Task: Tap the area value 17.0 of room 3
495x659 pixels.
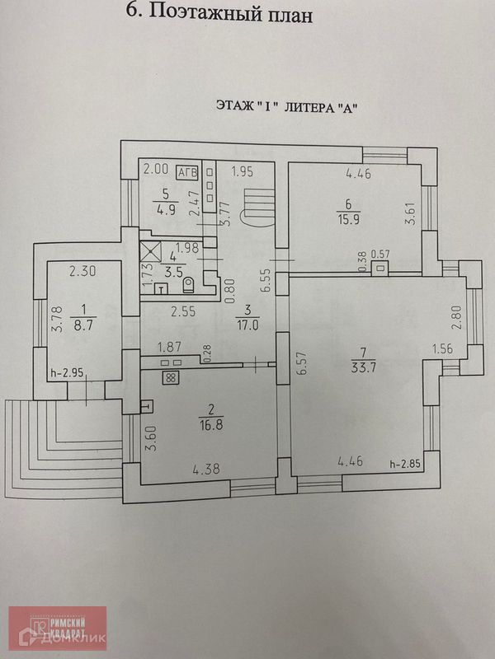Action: pos(246,325)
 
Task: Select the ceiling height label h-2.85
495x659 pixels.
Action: pos(405,464)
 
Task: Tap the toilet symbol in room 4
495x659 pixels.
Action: pos(189,285)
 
